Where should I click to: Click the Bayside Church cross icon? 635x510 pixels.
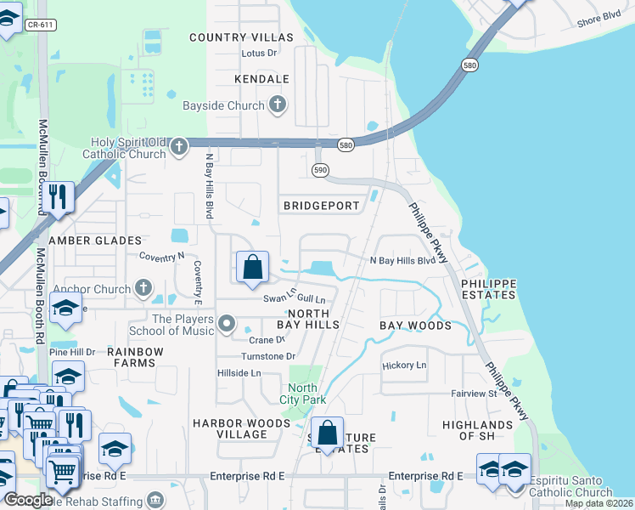[276, 106]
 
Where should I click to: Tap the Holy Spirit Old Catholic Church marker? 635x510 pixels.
[178, 147]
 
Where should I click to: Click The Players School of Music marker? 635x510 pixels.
[227, 324]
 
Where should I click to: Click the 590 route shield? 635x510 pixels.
[320, 169]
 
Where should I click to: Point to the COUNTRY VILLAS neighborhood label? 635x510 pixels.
[241, 37]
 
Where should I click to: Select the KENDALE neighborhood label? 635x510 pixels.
[261, 79]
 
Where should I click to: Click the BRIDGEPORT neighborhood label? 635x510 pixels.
[316, 206]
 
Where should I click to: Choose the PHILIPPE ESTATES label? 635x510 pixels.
[488, 288]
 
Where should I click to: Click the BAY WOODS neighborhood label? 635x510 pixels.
[415, 326]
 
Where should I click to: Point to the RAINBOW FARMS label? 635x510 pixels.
[132, 357]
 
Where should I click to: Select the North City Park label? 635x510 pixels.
[304, 394]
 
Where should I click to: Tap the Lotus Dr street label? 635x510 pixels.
[260, 53]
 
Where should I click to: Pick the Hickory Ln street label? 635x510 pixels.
[404, 365]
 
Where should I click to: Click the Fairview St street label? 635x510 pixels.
[474, 394]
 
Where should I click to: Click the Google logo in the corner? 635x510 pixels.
[28, 501]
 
